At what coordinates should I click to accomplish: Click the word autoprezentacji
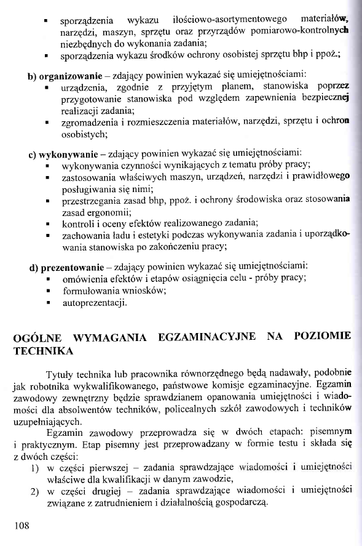[94, 302]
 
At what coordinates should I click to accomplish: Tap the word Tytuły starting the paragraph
[60, 375]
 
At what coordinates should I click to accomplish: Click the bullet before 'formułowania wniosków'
[48, 291]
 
